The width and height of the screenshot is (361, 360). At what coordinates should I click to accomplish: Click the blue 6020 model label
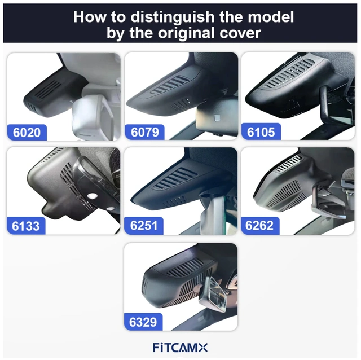pyautogui.click(x=27, y=133)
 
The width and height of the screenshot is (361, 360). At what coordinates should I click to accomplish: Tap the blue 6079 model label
pyautogui.click(x=145, y=133)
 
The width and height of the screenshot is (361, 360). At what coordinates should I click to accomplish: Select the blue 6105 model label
pyautogui.click(x=261, y=133)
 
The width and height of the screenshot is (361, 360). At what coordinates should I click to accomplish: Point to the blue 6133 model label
pyautogui.click(x=27, y=226)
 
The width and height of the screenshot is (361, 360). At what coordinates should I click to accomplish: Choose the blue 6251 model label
pyautogui.click(x=145, y=226)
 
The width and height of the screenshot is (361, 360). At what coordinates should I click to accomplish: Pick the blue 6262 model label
pyautogui.click(x=260, y=226)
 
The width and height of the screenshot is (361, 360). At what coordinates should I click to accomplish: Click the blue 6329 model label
pyautogui.click(x=143, y=322)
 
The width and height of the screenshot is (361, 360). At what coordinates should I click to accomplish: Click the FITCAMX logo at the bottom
pyautogui.click(x=180, y=346)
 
